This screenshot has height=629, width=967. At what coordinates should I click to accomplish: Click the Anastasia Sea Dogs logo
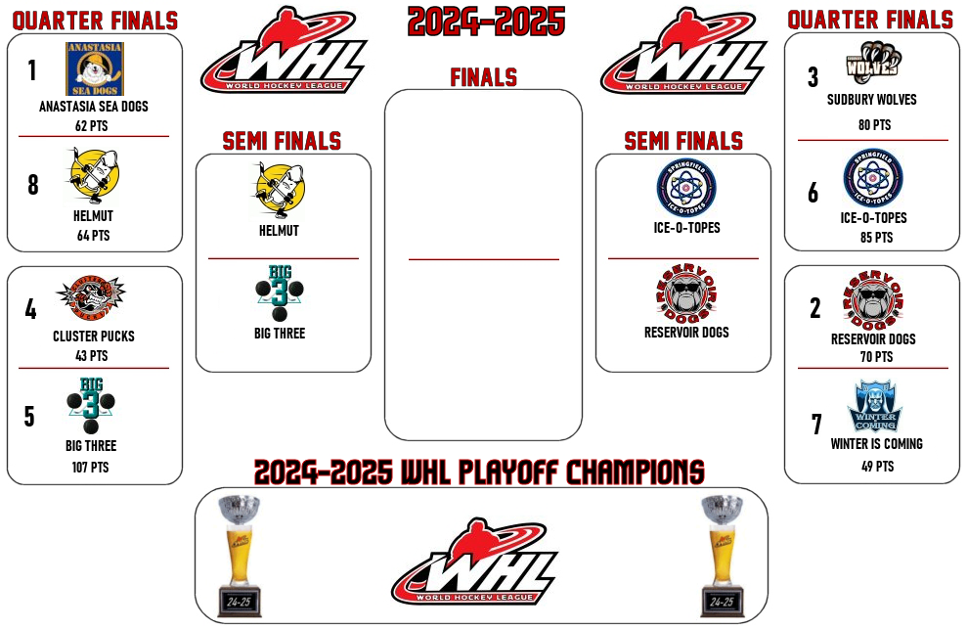(x=95, y=68)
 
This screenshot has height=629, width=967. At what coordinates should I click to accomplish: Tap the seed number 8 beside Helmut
(x=32, y=185)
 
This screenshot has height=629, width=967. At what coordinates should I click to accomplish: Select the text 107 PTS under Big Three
(x=90, y=468)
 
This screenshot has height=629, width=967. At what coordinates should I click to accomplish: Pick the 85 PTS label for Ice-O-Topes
(x=876, y=237)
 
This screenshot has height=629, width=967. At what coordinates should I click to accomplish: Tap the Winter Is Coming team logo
(x=875, y=406)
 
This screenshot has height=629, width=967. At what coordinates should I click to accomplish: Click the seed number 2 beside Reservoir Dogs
(x=815, y=308)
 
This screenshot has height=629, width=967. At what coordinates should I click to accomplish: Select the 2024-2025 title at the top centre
(x=486, y=21)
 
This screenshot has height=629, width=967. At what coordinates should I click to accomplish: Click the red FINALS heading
(x=483, y=77)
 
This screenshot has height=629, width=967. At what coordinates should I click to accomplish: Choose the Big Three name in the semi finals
(x=280, y=334)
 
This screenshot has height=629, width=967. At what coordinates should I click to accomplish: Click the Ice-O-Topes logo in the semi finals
(x=686, y=188)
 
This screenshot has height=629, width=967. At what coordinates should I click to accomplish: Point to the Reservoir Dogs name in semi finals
(x=686, y=332)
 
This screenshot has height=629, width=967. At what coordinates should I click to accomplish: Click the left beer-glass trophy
(x=240, y=555)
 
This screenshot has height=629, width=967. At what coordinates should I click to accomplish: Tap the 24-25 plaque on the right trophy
(x=722, y=602)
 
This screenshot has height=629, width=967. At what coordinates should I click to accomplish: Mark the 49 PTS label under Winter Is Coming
(x=877, y=466)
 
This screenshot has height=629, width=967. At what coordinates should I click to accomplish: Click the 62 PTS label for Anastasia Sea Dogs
(x=91, y=126)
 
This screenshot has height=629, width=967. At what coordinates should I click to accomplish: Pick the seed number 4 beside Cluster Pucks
(x=31, y=309)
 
